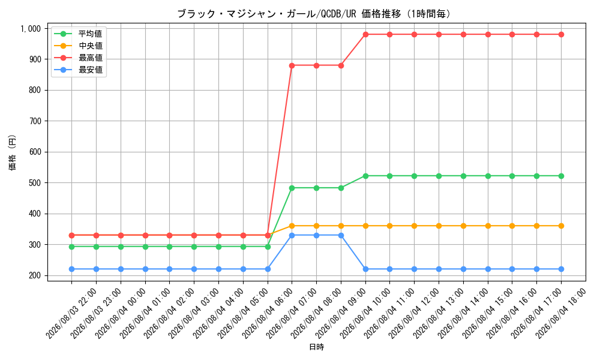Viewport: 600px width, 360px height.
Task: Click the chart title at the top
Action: (x=314, y=14)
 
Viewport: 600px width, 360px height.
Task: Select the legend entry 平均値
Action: (x=91, y=34)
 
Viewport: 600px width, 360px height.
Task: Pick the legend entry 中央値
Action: (x=91, y=46)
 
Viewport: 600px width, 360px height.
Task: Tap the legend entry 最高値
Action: (x=91, y=58)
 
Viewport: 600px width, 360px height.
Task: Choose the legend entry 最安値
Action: (x=91, y=70)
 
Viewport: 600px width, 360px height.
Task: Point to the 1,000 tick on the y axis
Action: (x=31, y=28)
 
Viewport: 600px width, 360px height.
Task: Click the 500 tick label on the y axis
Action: (x=35, y=183)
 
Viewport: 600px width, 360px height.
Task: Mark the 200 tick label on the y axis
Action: (x=35, y=275)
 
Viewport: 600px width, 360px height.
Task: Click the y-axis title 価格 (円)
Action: (x=12, y=152)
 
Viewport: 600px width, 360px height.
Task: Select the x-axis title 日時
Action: (x=316, y=347)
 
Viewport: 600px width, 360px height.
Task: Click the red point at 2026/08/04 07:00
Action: (x=292, y=65)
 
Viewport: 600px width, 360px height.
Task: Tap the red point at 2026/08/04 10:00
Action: (x=365, y=34)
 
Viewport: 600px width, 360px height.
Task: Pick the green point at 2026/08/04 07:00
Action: (x=292, y=188)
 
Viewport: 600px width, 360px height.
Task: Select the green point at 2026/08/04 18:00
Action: (x=561, y=176)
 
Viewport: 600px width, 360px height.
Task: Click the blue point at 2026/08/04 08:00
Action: (x=316, y=235)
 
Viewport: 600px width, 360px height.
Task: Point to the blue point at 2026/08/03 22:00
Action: (x=71, y=269)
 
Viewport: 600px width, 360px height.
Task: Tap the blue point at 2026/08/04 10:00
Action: (x=365, y=269)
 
